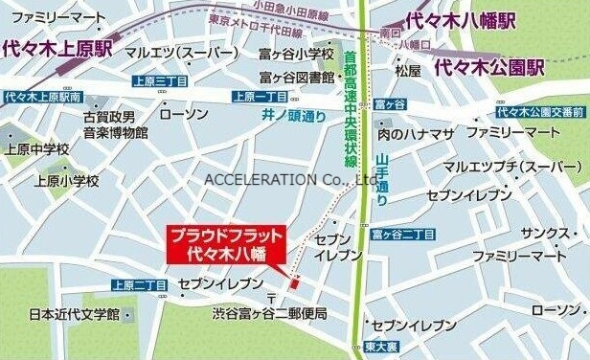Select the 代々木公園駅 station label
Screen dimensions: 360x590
(488, 68)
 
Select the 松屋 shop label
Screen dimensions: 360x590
(408, 70)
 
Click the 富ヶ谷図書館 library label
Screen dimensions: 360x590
(297, 77)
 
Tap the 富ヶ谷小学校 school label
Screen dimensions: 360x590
(297, 54)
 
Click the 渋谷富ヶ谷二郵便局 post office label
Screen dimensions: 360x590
(270, 313)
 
